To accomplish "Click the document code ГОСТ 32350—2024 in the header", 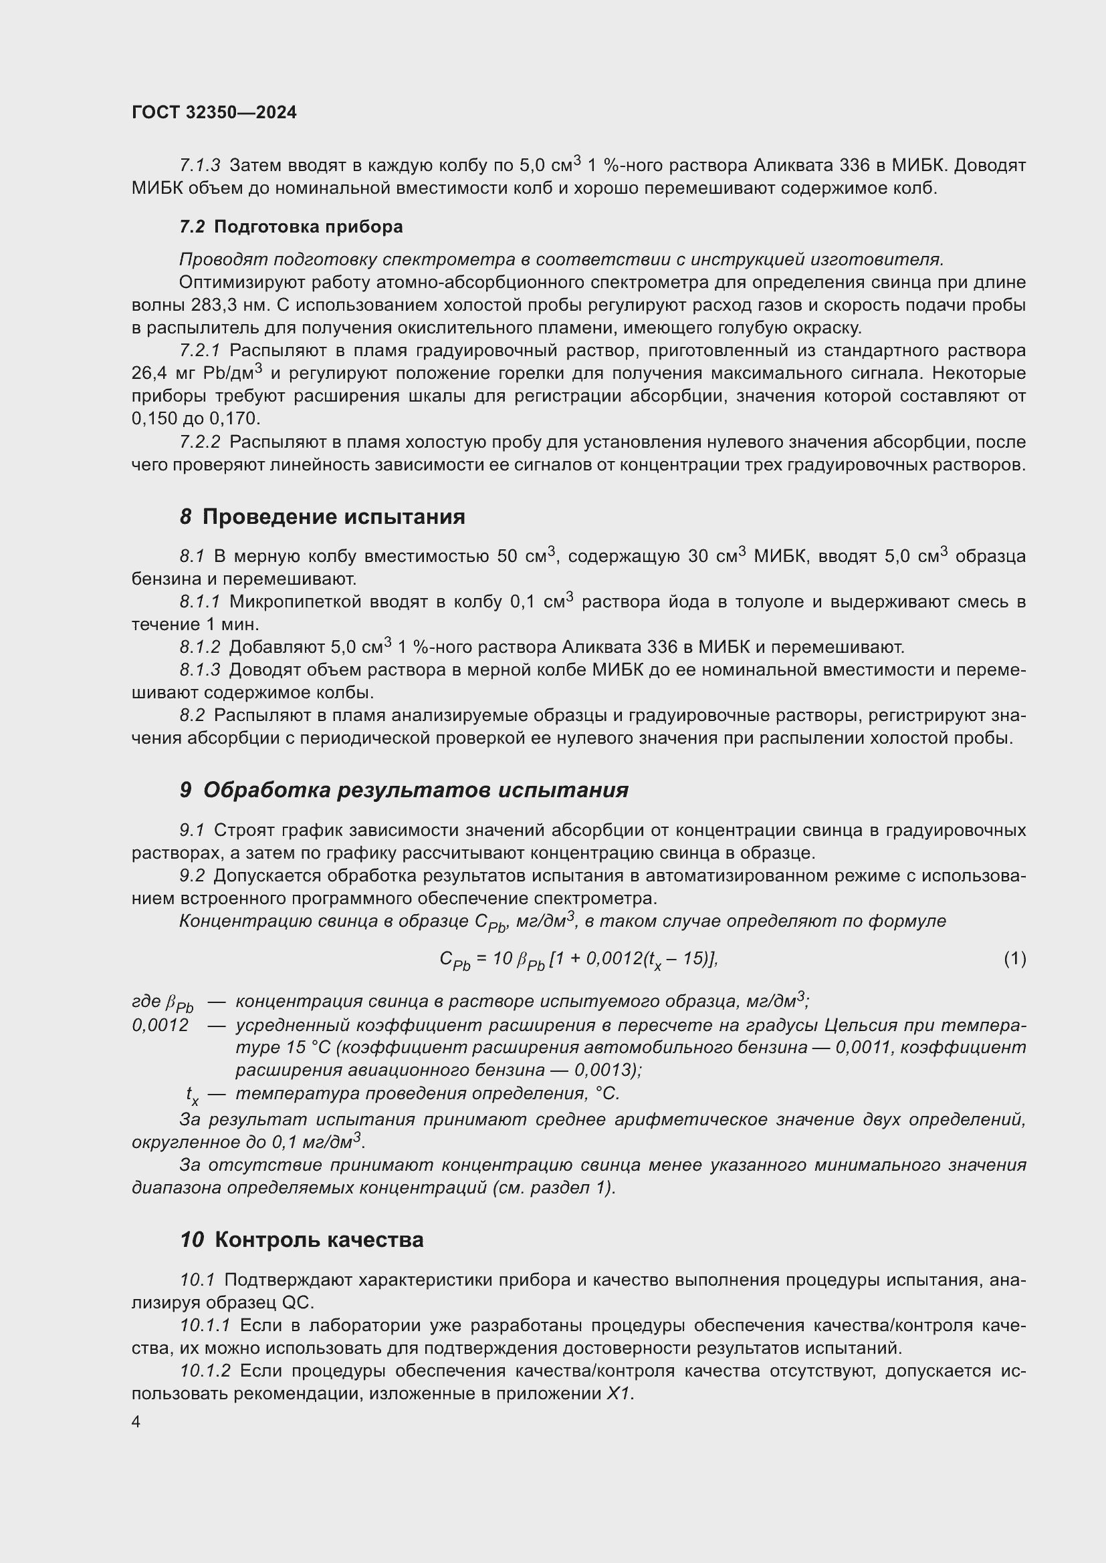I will click(x=214, y=112).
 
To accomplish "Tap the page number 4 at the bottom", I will click(x=136, y=1422).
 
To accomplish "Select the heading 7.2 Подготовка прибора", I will click(x=291, y=227).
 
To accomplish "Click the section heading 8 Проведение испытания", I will click(x=322, y=517).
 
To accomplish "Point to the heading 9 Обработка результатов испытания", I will click(x=404, y=790).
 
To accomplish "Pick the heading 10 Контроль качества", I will click(x=301, y=1240).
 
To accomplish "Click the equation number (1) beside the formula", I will click(x=1014, y=958).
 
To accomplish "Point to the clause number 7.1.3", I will click(x=200, y=166).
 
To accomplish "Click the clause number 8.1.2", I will click(x=200, y=647).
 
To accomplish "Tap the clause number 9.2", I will click(x=192, y=875).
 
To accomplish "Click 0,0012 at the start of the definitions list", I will click(x=160, y=1024).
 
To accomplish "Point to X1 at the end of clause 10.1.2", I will click(x=619, y=1393).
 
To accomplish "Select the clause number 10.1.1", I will click(x=206, y=1325).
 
